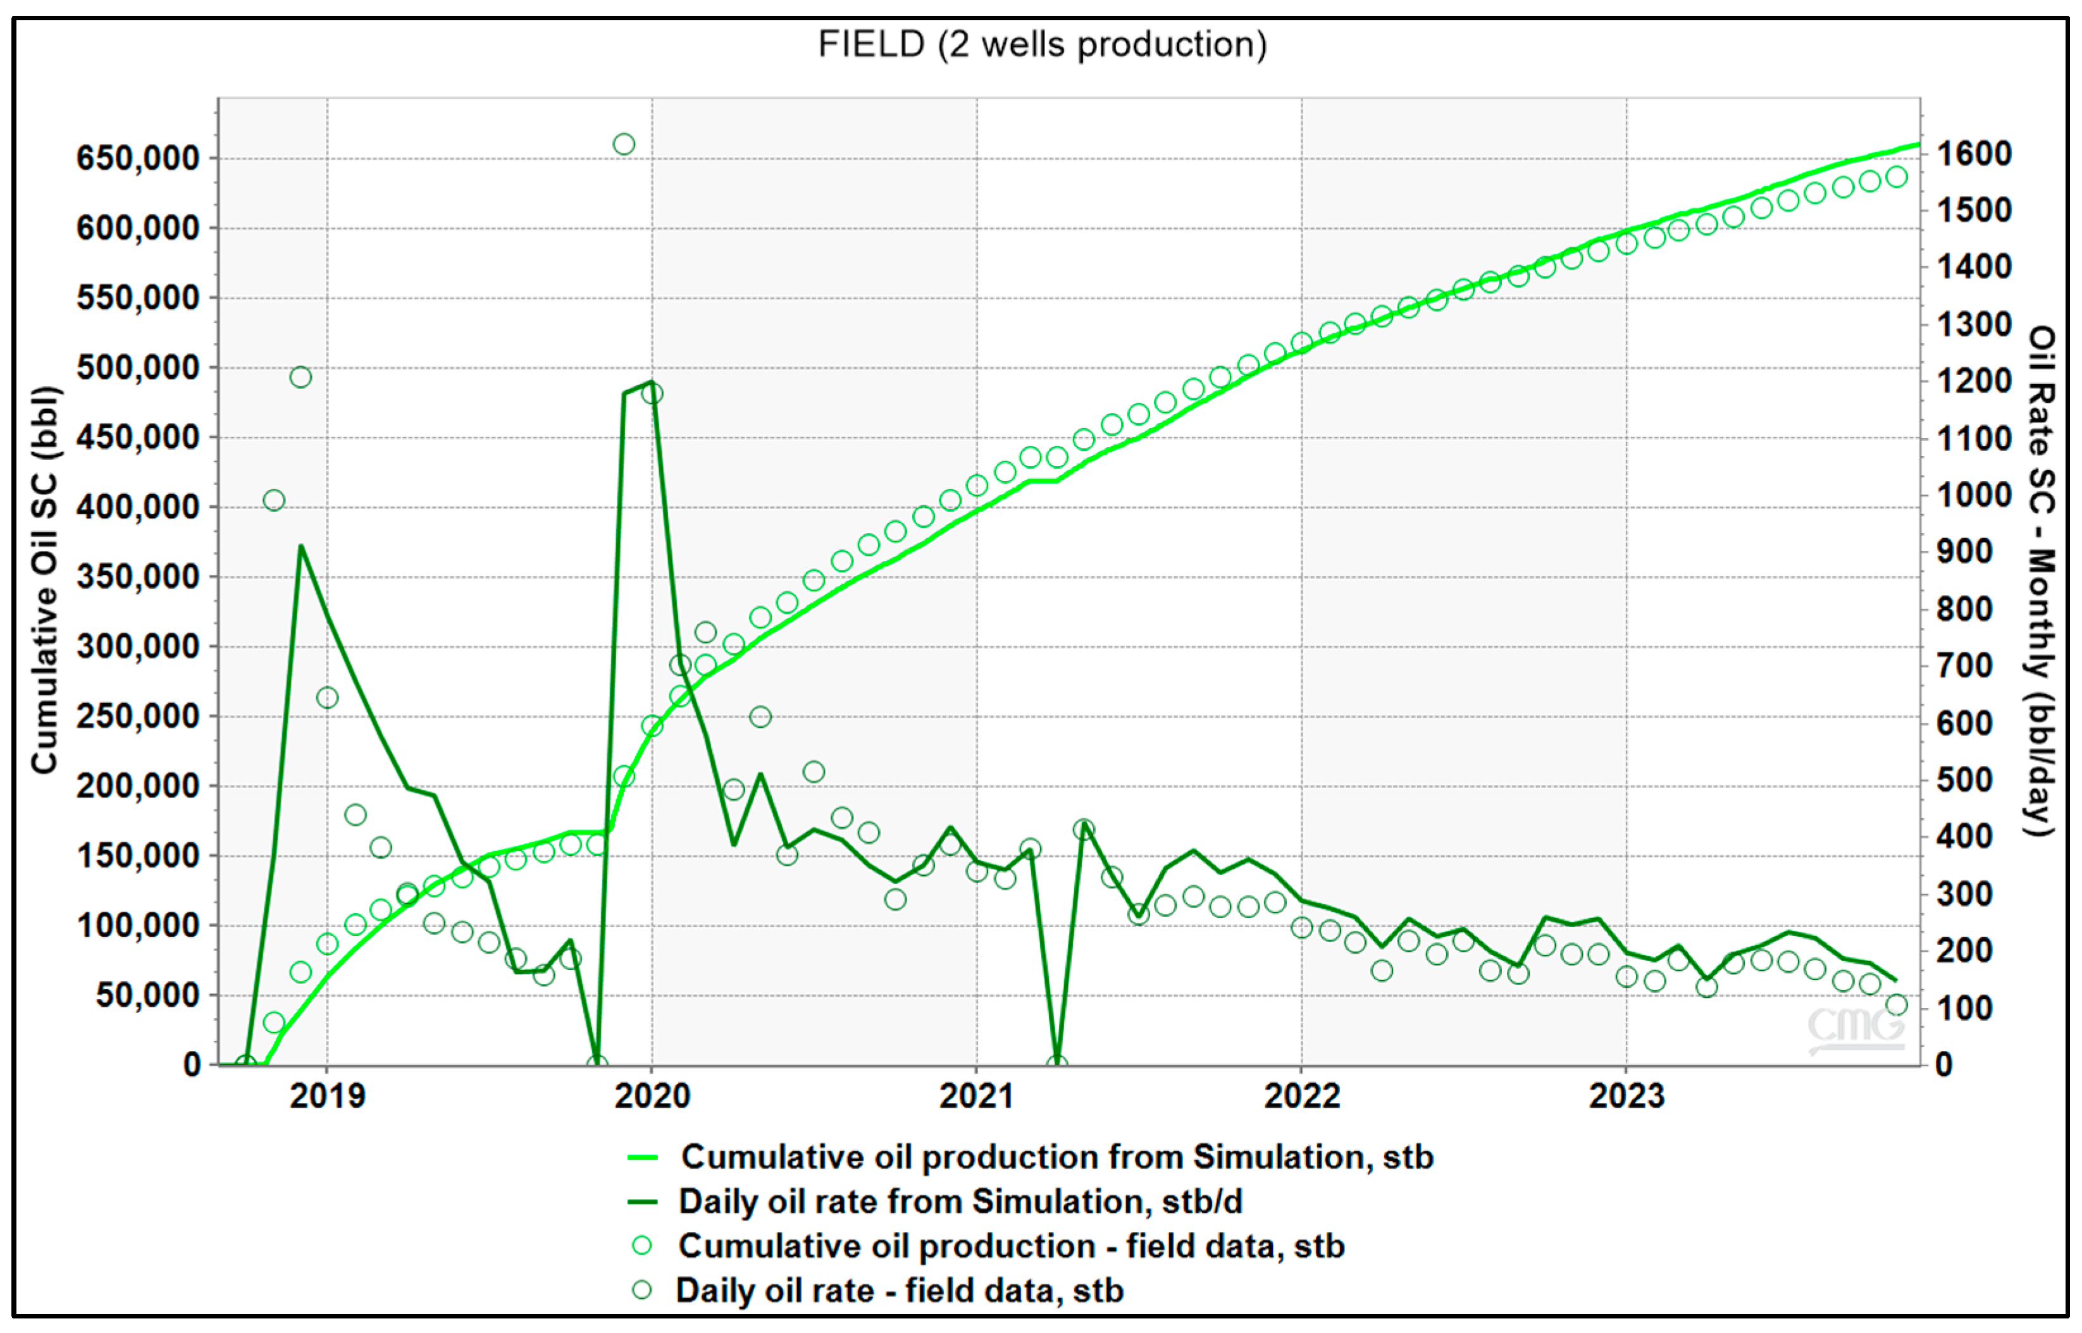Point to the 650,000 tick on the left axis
[x=138, y=158]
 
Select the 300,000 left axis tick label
[x=138, y=647]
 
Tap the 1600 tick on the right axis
[x=1974, y=154]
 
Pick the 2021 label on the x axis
[x=977, y=1096]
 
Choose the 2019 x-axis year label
[x=327, y=1096]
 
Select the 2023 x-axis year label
[x=1626, y=1096]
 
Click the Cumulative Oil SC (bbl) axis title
[x=44, y=580]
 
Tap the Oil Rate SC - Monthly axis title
[x=2042, y=580]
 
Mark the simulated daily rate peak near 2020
[x=651, y=382]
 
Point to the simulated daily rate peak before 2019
[x=301, y=546]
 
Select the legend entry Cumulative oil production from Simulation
[x=1056, y=1157]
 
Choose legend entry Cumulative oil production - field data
[x=1010, y=1246]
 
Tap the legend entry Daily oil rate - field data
[x=898, y=1291]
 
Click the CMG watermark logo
[x=1856, y=1028]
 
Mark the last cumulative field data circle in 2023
[x=1896, y=176]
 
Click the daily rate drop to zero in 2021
[x=1056, y=1064]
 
